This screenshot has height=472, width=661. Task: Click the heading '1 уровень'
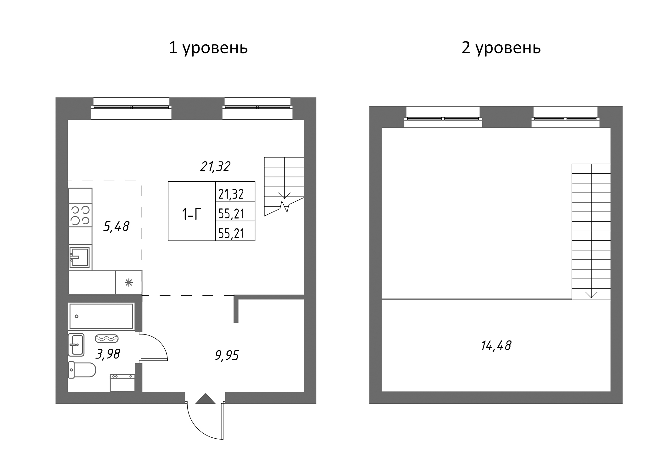click(x=208, y=48)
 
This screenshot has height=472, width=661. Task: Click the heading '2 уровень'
click(x=501, y=48)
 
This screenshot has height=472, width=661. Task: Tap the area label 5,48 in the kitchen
click(x=116, y=226)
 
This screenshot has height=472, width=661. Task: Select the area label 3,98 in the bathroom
click(x=108, y=354)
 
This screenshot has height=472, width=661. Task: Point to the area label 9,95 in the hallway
click(x=227, y=356)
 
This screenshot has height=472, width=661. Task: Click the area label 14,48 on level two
click(x=496, y=346)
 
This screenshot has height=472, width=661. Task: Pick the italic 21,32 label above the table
click(x=215, y=166)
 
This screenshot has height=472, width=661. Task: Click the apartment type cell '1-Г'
click(x=191, y=215)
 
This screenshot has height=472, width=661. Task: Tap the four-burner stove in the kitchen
click(x=80, y=215)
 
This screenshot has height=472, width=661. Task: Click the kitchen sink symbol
click(x=80, y=257)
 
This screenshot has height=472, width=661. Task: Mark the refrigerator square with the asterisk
click(x=128, y=283)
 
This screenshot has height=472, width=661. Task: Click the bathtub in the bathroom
click(x=101, y=316)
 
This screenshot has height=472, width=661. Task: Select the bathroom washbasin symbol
click(x=76, y=345)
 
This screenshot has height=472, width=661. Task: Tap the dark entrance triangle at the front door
click(x=205, y=399)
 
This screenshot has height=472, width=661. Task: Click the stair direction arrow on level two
click(x=591, y=294)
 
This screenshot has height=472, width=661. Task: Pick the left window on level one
click(x=131, y=107)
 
